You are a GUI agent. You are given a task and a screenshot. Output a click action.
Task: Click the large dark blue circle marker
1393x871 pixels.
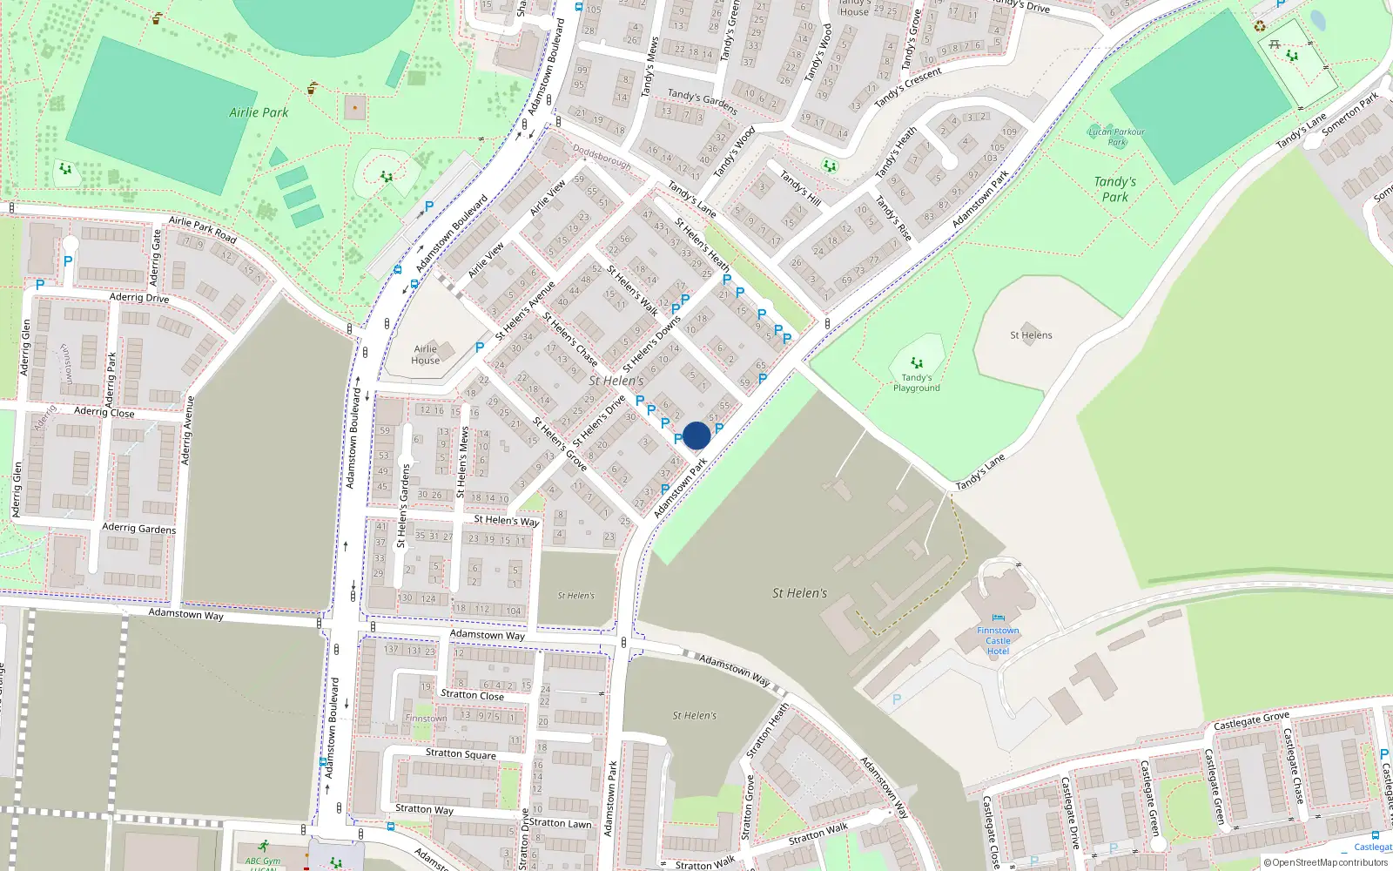(696, 435)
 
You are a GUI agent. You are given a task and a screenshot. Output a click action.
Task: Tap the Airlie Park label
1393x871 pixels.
(259, 112)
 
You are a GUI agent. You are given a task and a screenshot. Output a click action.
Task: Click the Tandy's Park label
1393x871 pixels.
(1114, 189)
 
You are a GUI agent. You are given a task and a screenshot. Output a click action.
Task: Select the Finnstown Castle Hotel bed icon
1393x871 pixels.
(998, 618)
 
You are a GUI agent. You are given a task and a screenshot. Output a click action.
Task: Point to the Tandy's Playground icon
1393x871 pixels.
(916, 362)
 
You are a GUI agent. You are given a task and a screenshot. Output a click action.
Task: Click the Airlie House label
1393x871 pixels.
(425, 354)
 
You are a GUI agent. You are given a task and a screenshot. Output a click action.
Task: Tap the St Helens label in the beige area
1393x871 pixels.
(1031, 335)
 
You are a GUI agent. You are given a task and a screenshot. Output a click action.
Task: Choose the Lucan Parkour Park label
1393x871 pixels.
(1117, 137)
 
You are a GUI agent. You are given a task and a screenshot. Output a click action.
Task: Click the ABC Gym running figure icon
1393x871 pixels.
(263, 846)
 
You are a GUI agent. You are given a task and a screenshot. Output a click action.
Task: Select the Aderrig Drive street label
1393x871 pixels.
(139, 298)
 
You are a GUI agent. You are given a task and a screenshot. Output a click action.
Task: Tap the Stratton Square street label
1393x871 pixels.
(461, 753)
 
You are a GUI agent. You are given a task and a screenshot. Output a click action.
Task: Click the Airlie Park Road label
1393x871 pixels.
(202, 229)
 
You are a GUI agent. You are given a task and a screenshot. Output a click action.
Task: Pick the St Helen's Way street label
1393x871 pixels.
(506, 520)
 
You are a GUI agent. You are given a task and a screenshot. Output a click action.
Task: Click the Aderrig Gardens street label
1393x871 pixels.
(138, 528)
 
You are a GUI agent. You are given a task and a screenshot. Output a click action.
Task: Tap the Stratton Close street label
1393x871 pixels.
(472, 695)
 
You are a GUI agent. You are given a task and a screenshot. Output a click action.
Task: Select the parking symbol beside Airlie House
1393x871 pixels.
(480, 348)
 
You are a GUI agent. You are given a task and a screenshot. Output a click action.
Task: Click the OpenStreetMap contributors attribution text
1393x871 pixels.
(1325, 862)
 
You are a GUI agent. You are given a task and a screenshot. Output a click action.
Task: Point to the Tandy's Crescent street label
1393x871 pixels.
(908, 88)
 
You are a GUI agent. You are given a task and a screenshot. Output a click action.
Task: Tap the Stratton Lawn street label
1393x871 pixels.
(560, 823)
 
